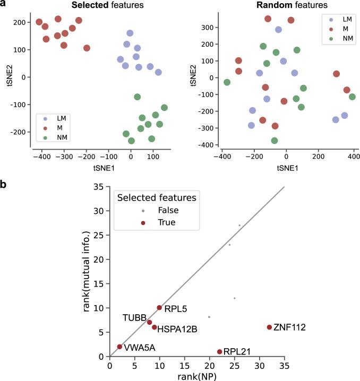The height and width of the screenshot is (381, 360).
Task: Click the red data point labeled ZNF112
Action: tap(269, 327)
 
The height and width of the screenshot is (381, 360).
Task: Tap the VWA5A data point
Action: tap(119, 347)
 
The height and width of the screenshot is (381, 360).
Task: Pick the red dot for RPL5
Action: tap(159, 308)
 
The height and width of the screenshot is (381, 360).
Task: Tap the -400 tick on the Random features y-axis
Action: tap(206, 145)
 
